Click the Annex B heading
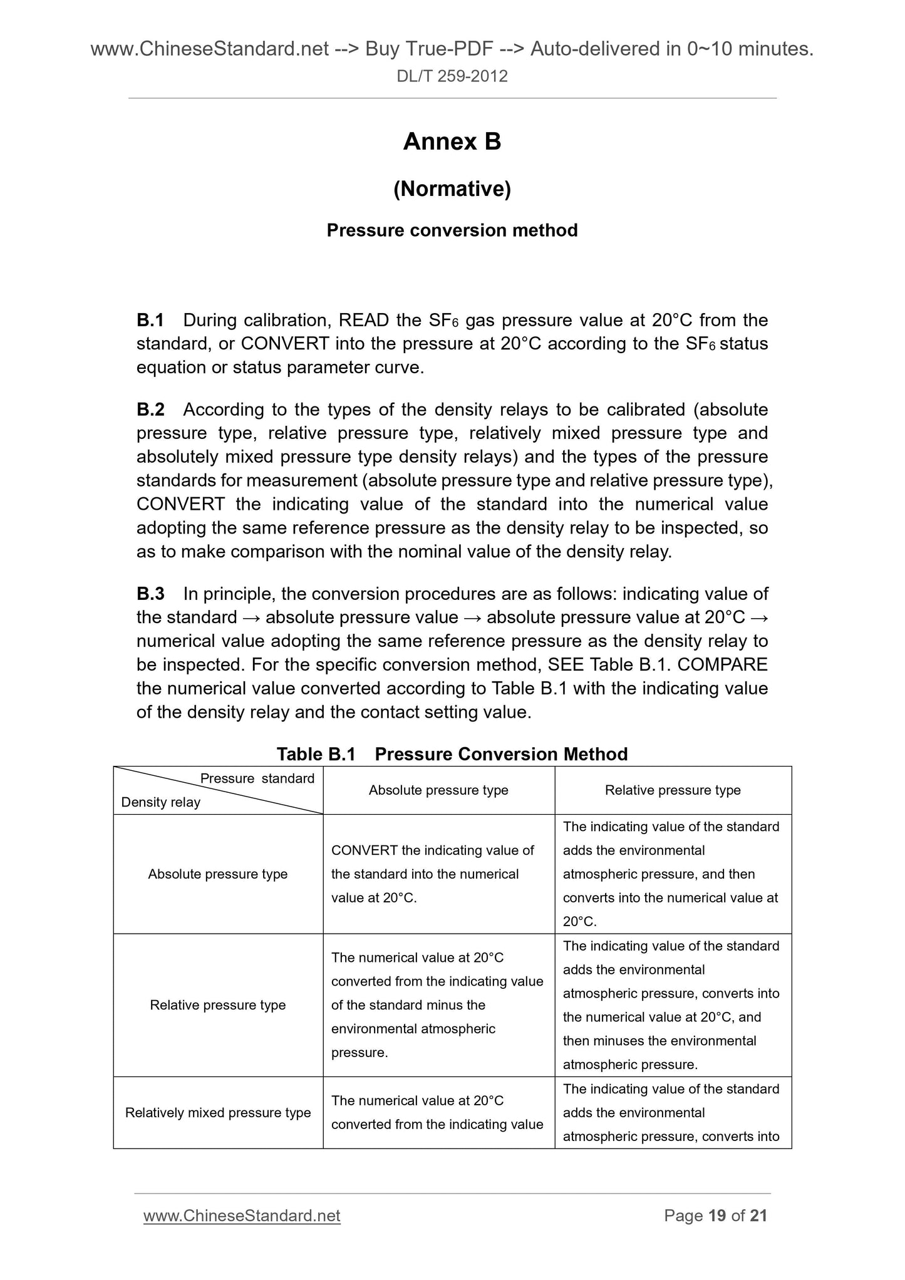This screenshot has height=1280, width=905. coord(452,142)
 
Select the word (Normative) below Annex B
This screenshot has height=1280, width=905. coord(452,188)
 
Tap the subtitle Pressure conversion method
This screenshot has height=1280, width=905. coord(452,230)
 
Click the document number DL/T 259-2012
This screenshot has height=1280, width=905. coord(452,76)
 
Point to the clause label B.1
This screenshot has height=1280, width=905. coord(150,320)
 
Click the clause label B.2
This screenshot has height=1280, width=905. coord(150,410)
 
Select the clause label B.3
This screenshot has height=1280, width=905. coord(150,594)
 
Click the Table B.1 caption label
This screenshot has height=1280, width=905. coord(316,754)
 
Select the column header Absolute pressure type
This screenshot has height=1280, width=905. coord(438,790)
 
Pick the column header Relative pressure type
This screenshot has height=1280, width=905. coord(673,790)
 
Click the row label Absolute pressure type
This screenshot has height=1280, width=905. coord(217,874)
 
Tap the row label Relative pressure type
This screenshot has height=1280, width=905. coord(217,1005)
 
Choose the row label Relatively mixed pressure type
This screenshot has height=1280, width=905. coord(217,1113)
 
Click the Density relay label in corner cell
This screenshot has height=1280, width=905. coord(160,802)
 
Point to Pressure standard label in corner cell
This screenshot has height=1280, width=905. coord(257,778)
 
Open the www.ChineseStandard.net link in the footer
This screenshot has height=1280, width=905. coord(242,1215)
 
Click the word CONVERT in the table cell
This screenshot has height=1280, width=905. coord(364,850)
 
